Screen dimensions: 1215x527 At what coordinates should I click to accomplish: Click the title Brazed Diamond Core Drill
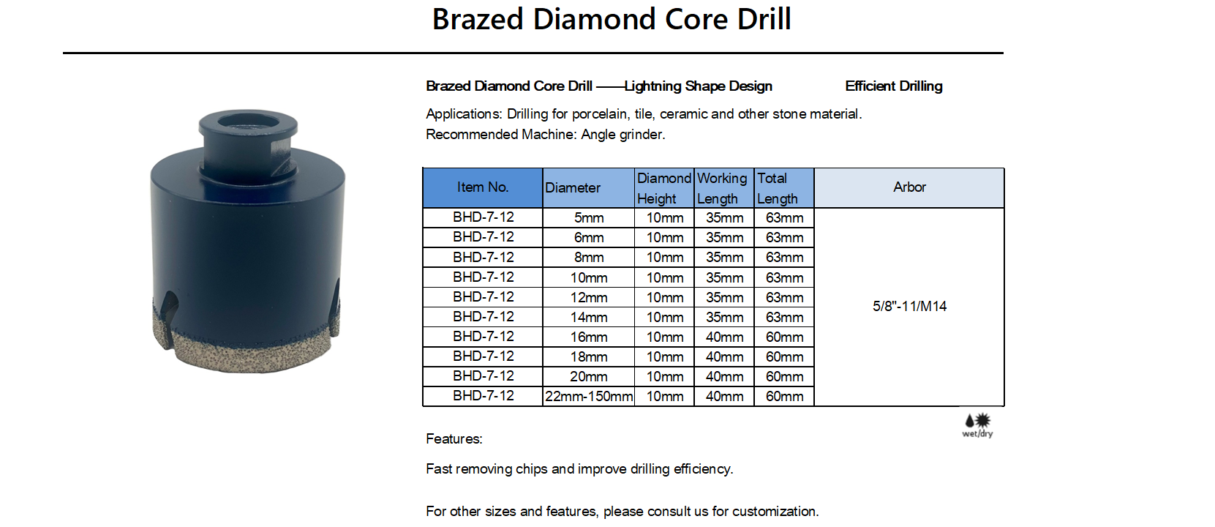click(612, 20)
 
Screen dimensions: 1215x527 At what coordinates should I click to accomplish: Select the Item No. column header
click(483, 188)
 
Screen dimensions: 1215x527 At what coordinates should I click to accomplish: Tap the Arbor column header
click(909, 188)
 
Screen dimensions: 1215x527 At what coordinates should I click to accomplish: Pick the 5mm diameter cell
click(589, 217)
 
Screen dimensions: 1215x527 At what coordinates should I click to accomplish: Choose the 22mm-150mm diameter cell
click(589, 396)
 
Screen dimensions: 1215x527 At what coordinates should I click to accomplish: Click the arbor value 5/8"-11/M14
click(910, 306)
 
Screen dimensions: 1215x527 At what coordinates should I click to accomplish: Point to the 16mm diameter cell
click(589, 337)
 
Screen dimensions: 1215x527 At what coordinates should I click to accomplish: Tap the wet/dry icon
click(977, 425)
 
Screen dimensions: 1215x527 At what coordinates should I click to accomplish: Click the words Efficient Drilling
click(893, 86)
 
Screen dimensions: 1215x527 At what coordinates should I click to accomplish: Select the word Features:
click(454, 438)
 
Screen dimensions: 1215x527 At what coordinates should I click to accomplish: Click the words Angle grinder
click(623, 134)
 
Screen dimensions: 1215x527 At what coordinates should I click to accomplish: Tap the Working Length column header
click(723, 188)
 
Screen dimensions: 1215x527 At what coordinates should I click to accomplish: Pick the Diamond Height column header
click(664, 188)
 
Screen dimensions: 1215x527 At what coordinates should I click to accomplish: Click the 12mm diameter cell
click(589, 297)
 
